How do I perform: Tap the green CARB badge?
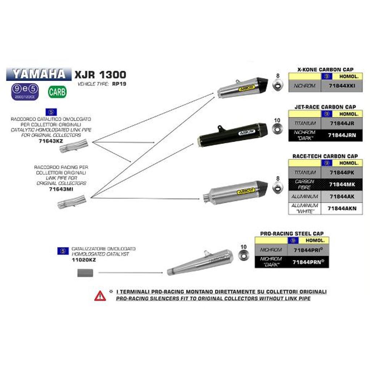tap(57, 92)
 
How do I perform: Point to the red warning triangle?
tap(100, 296)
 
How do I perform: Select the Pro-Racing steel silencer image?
tap(201, 262)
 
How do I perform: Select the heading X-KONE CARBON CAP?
tap(325, 69)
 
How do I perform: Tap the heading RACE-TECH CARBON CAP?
tap(325, 156)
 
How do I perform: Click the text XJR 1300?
tap(100, 75)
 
